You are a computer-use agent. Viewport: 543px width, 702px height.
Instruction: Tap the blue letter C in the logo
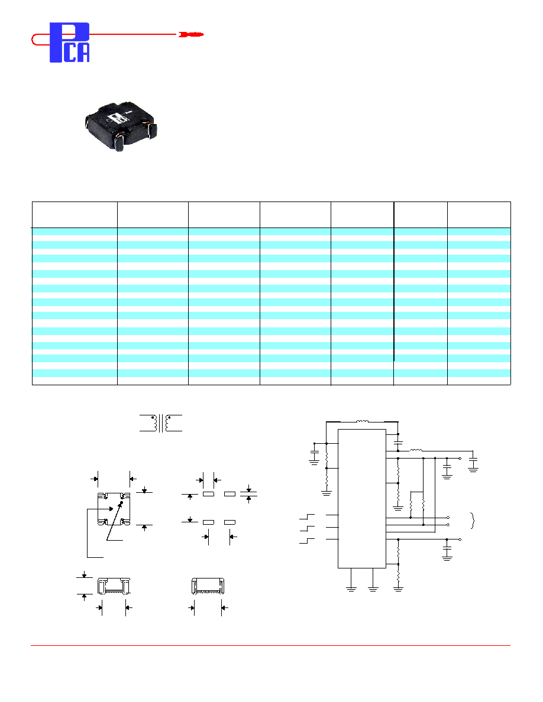click(70, 53)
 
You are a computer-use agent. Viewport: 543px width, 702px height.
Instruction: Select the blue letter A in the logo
click(83, 53)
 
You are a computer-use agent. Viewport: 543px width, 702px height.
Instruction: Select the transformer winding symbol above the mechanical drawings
click(161, 423)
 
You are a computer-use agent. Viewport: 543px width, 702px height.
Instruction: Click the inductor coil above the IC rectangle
click(363, 421)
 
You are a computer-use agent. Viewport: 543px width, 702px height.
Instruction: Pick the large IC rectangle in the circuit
click(362, 499)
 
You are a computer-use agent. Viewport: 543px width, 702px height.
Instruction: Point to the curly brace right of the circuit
click(473, 520)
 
